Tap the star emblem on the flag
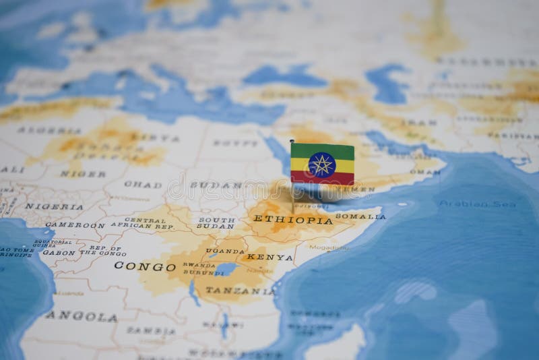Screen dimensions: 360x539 tap(321, 164)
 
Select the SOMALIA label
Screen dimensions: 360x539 tap(360, 216)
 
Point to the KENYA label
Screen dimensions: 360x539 tap(270, 257)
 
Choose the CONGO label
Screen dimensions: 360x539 tap(145, 266)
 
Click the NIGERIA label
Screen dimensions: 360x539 tap(55, 206)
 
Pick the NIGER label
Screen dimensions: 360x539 tap(83, 174)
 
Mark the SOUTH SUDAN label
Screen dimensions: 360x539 tap(216, 223)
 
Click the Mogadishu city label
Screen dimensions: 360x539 tap(329, 247)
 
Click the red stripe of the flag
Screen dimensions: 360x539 tap(323, 179)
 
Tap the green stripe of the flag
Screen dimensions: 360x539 tap(323, 150)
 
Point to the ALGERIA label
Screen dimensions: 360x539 tap(40, 130)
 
